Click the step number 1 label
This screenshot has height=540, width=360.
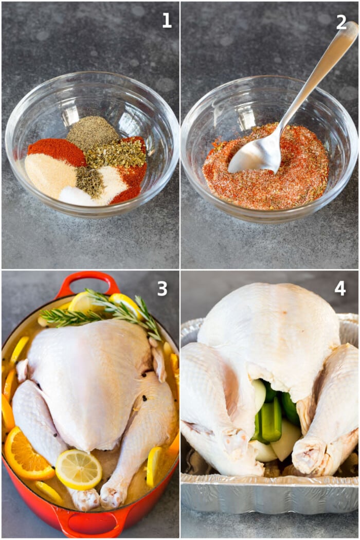coord(167,21)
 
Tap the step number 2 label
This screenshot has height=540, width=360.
coord(341,22)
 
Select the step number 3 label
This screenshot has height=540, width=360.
coord(162,289)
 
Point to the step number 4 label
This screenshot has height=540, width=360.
coord(340,289)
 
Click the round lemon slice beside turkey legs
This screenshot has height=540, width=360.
coord(79,469)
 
